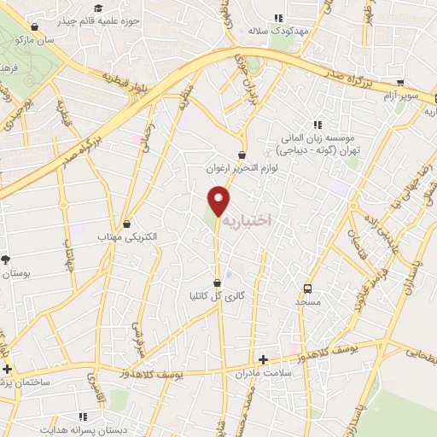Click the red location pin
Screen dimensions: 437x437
click(x=220, y=200)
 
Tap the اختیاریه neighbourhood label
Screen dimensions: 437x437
click(x=247, y=220)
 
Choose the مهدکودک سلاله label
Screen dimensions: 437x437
click(x=277, y=30)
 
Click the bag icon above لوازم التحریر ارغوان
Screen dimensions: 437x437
click(x=243, y=155)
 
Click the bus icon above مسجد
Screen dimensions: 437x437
click(x=308, y=288)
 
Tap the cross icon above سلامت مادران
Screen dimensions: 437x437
click(x=264, y=360)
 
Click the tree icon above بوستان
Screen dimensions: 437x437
click(x=7, y=259)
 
